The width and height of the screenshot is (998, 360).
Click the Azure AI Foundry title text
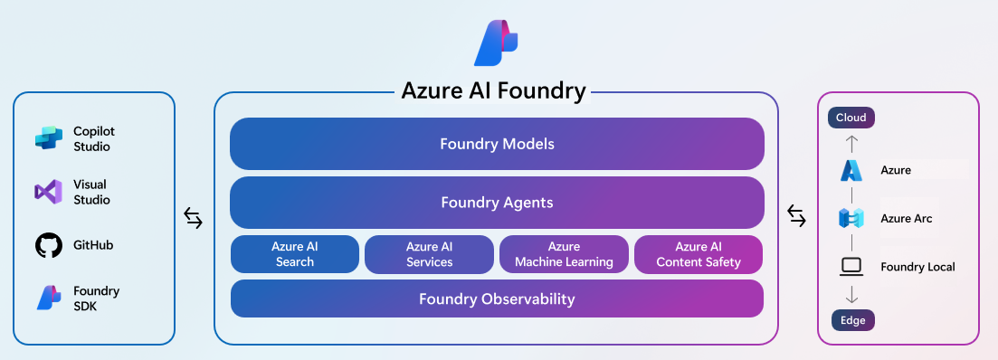point(494,91)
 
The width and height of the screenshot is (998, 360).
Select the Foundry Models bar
point(497,144)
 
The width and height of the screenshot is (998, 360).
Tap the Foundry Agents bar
point(497,203)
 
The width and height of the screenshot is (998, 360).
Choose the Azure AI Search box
point(295,254)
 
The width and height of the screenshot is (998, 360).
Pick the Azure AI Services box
point(429,254)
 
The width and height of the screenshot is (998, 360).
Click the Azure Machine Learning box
point(564,254)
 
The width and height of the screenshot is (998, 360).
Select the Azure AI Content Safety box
point(699,254)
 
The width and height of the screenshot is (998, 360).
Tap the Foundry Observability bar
point(497,298)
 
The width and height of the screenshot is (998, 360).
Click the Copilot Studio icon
point(48,138)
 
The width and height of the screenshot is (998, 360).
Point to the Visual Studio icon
point(47,192)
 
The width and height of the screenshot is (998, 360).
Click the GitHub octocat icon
point(47,245)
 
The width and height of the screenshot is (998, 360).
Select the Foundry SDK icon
point(48,298)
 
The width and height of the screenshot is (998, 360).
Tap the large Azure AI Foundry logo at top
point(496,42)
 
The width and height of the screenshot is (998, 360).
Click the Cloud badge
point(851,118)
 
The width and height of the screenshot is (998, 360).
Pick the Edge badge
point(851,319)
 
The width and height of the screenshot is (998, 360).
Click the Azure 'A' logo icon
point(851,170)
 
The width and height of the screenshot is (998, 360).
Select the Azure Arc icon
point(851,218)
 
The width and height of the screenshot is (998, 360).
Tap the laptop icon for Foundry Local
point(851,267)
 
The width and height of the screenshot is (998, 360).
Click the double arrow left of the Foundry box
point(194,217)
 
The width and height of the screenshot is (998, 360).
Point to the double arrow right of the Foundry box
point(796,217)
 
